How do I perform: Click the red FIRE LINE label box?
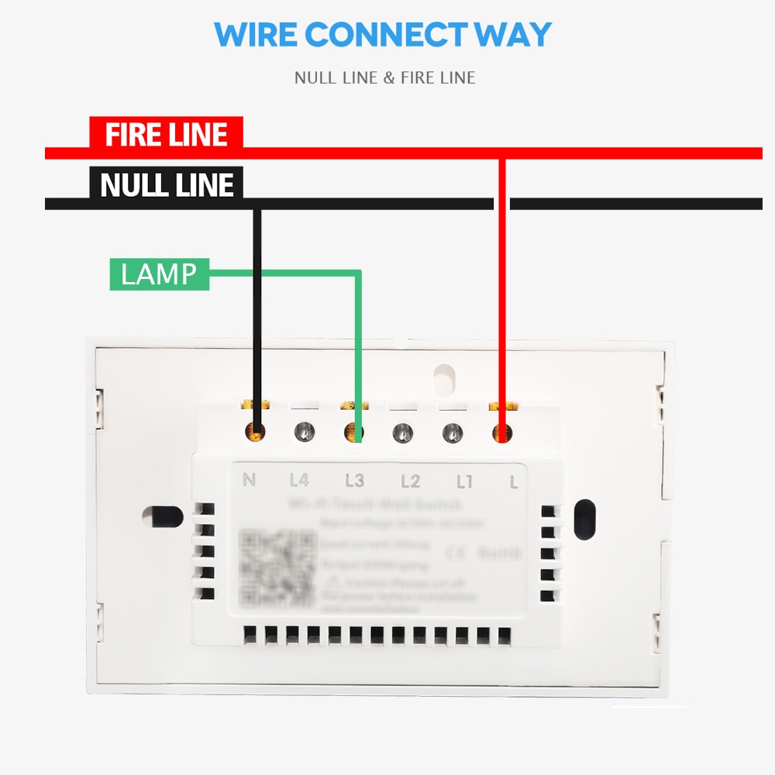166,134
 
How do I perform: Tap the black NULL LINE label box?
166,184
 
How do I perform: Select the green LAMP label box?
159,274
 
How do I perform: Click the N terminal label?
249,480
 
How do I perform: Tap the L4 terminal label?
298,480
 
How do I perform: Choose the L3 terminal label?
354,480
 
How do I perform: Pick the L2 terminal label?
410,481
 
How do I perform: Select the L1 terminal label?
464,481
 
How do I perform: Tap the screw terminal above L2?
401,432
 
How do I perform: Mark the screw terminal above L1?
452,432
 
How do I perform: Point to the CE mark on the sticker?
456,553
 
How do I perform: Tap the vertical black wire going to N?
257,310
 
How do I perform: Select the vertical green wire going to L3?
359,349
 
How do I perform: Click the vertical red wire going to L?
502,294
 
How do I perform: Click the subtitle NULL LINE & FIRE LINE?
384,77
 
